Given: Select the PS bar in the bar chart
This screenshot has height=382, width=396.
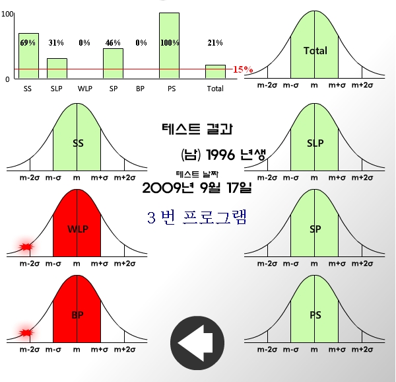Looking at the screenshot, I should coord(169,46).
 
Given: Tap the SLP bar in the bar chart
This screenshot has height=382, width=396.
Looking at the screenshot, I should coord(57,68).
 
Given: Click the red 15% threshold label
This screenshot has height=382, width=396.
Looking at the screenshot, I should coord(243,69).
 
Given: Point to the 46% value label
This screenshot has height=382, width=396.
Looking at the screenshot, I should coord(113,43).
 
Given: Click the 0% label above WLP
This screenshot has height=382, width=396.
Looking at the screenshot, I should coord(84,43).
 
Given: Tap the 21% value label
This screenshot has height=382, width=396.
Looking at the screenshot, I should coord(215,43).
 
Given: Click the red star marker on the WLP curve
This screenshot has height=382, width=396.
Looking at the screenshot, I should coord(26,247).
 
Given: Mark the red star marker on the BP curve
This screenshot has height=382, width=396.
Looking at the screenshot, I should coord(26,332).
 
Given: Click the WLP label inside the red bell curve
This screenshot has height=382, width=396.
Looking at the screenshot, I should coord(77,229).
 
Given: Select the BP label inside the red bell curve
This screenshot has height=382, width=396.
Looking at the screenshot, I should coord(77,315).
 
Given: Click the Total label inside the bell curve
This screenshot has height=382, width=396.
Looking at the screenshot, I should coord(315,51).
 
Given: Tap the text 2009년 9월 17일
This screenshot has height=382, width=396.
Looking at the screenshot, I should coord(197,188).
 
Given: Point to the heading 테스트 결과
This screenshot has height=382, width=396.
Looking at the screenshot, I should coord(197,129).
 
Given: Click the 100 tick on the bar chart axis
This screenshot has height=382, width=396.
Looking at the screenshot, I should coord(7,14).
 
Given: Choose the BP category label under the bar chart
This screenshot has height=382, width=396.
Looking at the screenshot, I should coord(141,89).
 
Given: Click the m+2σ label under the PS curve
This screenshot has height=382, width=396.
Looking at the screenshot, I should coord(361,348).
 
